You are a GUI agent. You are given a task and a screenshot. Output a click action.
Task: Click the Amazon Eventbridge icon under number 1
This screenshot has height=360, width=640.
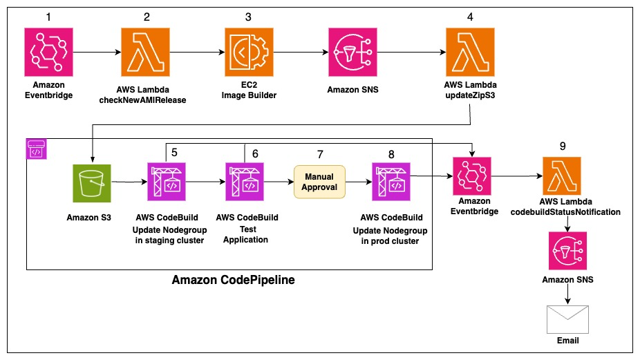(x=48, y=52)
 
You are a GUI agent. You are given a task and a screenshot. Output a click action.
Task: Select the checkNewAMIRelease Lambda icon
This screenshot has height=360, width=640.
(x=146, y=52)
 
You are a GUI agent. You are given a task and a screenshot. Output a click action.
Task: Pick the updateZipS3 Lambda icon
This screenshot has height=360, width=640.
(x=469, y=52)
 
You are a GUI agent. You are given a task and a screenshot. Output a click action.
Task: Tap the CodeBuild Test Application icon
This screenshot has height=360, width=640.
(x=246, y=183)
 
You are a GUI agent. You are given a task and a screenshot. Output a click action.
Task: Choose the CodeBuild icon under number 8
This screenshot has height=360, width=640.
(x=391, y=183)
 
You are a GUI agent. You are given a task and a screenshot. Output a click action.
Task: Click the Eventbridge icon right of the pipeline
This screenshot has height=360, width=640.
(x=473, y=177)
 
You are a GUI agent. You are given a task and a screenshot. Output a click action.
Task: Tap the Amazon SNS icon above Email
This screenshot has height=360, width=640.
(x=567, y=250)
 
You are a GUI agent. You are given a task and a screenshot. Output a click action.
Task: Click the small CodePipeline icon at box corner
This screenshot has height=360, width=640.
(x=35, y=147)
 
